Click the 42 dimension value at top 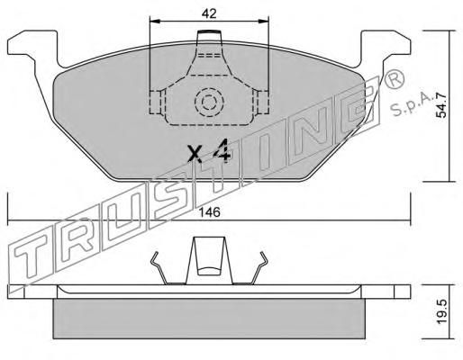click(209, 13)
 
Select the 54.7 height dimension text click(441, 105)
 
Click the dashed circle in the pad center click(209, 103)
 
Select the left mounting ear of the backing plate click(32, 48)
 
